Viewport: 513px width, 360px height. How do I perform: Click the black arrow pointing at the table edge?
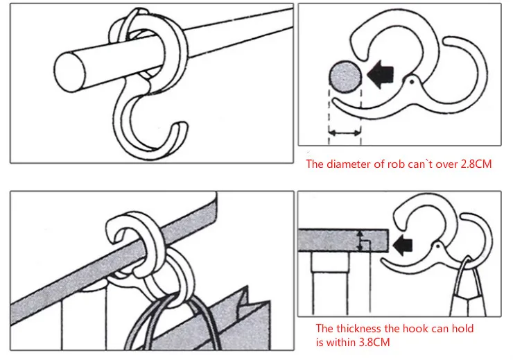click(403, 244)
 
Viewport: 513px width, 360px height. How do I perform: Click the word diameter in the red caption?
click(349, 164)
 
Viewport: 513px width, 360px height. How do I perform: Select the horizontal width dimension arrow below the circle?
click(344, 132)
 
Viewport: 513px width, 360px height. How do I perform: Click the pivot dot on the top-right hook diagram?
click(414, 81)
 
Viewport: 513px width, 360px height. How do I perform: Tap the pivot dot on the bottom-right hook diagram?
click(438, 246)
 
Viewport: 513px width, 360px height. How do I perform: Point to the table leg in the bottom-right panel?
click(323, 284)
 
